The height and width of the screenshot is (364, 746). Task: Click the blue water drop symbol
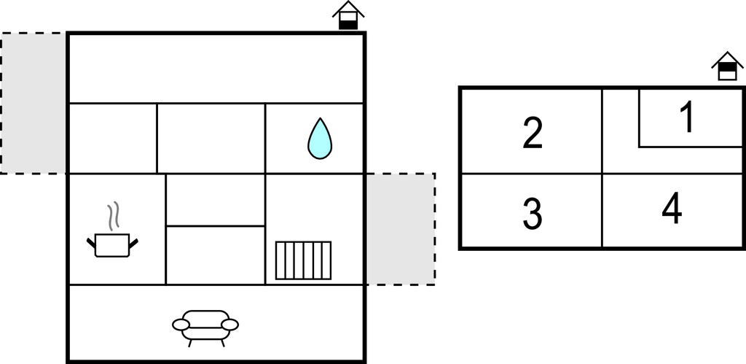(x=320, y=139)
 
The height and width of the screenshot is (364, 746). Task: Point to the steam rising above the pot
(x=113, y=217)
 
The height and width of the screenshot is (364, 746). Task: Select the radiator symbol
(x=303, y=260)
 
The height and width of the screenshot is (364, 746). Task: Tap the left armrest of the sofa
(x=181, y=325)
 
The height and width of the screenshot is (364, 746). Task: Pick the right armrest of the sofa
(x=229, y=325)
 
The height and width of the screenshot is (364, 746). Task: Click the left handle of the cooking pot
(x=91, y=243)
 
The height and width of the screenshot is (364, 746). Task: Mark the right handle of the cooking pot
(x=134, y=243)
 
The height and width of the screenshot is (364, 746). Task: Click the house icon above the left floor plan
(x=348, y=15)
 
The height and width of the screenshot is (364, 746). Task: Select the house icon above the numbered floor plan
(x=728, y=66)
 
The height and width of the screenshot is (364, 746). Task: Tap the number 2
(x=533, y=133)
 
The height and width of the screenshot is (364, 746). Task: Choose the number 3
(x=532, y=214)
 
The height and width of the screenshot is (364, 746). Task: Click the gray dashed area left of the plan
(x=34, y=104)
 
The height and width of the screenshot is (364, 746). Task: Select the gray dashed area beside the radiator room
(x=400, y=229)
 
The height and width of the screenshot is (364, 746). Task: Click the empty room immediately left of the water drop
(x=211, y=139)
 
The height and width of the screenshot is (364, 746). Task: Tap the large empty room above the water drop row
(x=216, y=69)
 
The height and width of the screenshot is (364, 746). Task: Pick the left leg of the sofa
(x=190, y=343)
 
